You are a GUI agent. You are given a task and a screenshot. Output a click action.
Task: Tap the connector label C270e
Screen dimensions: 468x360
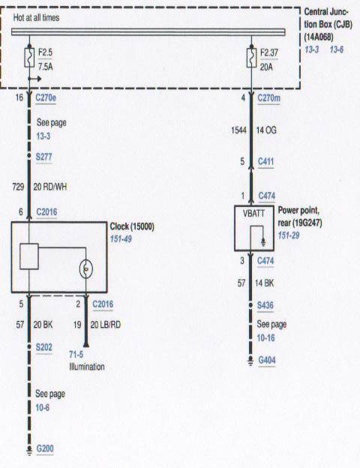[49, 97]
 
